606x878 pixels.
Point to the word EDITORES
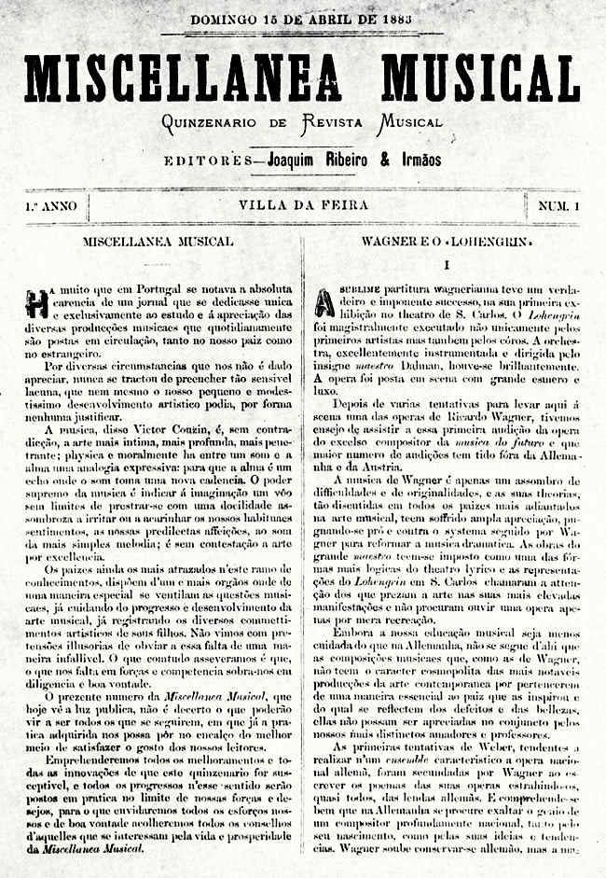204,160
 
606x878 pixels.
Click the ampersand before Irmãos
384,159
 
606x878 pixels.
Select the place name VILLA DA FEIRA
303,204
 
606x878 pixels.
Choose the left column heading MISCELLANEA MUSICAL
158,242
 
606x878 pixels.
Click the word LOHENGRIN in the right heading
479,242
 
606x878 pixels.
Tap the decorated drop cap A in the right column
324,300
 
